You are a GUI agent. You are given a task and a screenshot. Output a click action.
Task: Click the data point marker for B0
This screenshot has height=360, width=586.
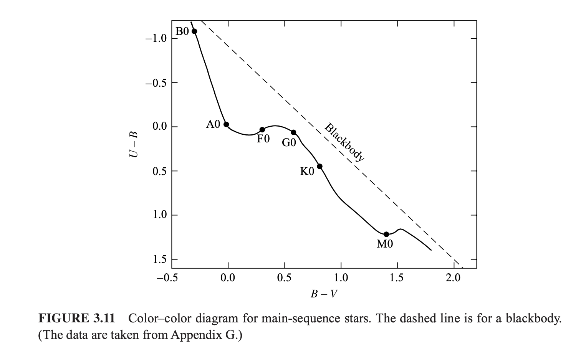point(194,31)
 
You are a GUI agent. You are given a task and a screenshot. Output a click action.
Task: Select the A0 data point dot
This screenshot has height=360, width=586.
point(226,124)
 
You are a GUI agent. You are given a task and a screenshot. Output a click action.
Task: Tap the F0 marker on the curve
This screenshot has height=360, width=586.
point(262,130)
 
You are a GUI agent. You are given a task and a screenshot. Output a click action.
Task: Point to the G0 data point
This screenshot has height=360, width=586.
point(293,132)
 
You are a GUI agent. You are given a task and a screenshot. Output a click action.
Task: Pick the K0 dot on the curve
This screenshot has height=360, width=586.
point(319,166)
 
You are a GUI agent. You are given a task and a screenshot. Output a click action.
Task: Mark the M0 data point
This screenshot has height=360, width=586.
point(386,234)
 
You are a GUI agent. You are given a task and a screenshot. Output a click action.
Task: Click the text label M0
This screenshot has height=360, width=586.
point(385,244)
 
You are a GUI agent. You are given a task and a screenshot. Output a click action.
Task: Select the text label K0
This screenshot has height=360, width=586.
point(307,172)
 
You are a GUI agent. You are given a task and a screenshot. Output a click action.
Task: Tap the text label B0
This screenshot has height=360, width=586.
point(182,31)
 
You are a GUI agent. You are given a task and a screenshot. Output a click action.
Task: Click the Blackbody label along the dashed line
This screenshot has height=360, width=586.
point(344,142)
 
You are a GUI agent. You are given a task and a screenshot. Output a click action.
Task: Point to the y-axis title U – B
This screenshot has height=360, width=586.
point(133,144)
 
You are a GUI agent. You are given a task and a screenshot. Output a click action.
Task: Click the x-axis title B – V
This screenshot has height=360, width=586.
point(324,294)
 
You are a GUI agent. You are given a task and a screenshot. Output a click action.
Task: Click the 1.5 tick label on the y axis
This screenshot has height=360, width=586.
point(159,259)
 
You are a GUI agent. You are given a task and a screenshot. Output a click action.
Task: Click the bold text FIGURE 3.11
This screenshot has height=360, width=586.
point(76,319)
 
